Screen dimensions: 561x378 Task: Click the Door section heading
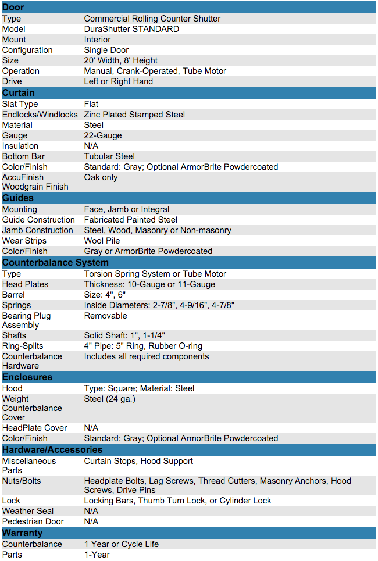[x=13, y=8]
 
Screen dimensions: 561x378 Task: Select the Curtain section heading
[x=19, y=93]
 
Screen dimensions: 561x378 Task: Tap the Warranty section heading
[x=22, y=533]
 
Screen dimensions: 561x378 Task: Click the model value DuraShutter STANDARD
[x=131, y=29]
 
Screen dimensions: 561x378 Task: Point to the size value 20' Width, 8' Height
[x=121, y=60]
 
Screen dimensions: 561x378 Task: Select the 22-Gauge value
[x=103, y=135]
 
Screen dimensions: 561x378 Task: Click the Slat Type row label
[x=20, y=104]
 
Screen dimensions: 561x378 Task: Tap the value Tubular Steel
[x=109, y=156]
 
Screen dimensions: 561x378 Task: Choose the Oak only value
[x=101, y=177]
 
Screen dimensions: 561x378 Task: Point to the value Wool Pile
[x=102, y=241]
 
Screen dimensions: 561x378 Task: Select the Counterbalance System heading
[x=55, y=263]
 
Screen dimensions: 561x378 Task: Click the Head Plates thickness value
[x=149, y=284]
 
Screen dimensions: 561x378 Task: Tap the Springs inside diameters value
[x=159, y=305]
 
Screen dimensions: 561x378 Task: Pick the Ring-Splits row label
[x=23, y=346]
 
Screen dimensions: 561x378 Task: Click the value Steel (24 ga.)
[x=110, y=399]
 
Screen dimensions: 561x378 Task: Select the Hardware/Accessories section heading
[x=52, y=450]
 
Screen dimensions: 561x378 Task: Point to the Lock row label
[x=11, y=501]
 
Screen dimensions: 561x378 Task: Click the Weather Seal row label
[x=28, y=511]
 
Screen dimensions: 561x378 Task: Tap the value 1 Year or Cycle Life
[x=122, y=544]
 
